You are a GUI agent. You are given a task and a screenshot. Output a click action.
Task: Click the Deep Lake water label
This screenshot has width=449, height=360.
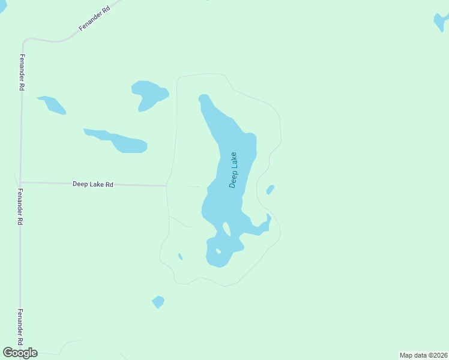click(x=234, y=170)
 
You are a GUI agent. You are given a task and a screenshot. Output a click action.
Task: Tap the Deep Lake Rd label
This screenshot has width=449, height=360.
click(x=93, y=184)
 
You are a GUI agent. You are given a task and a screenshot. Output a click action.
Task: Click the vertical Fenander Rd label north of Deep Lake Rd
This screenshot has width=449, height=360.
click(x=22, y=72)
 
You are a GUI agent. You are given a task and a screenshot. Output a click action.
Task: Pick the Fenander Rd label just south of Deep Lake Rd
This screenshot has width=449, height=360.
click(x=20, y=207)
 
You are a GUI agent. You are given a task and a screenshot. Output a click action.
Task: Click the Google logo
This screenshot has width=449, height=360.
click(x=20, y=353)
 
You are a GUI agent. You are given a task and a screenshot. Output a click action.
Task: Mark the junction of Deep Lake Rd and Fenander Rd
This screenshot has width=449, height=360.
click(x=20, y=182)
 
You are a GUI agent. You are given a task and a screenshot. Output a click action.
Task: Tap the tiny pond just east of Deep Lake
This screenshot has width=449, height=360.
click(x=270, y=190)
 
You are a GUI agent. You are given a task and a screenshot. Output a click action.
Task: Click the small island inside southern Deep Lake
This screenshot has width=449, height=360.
click(x=218, y=251)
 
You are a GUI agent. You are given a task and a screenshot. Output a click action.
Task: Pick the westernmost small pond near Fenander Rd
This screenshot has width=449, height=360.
click(x=52, y=104)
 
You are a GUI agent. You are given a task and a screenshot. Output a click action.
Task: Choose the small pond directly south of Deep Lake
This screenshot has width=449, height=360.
click(x=158, y=302)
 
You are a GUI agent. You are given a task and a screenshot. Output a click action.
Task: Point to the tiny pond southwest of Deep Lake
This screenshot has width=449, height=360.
click(x=180, y=257)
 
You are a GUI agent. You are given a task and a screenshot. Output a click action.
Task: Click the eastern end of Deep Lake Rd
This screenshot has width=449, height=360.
click(x=166, y=186)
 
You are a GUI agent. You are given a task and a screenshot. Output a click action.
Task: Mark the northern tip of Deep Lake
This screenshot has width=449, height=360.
click(x=203, y=96)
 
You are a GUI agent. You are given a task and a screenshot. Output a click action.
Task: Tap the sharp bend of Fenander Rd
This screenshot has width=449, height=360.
click(x=25, y=42)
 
